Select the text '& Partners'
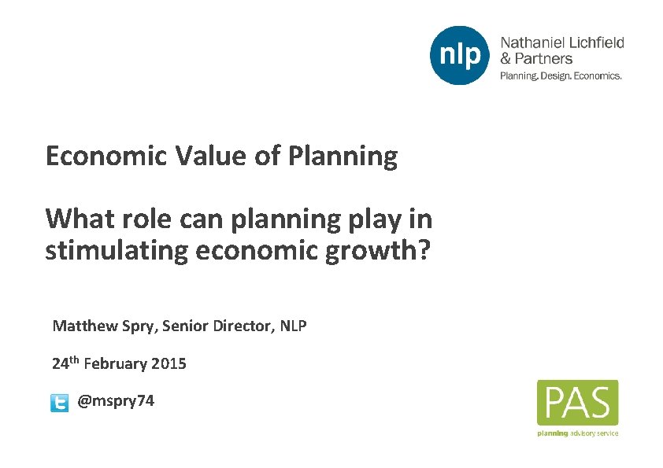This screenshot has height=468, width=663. tap(536, 59)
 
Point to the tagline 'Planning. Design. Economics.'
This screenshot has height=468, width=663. tap(561, 76)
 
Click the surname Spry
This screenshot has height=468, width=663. tap(139, 326)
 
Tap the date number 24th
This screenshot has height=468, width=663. tap(65, 363)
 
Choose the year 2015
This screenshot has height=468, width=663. tap(169, 364)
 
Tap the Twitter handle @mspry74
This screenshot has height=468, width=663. tap(116, 402)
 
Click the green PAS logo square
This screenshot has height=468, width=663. tap(577, 403)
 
